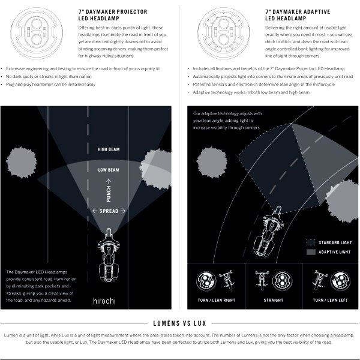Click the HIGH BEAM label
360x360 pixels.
109,149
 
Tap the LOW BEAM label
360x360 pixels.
109,170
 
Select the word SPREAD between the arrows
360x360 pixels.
109,211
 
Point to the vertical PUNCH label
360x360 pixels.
109,194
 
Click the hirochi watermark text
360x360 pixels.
104,301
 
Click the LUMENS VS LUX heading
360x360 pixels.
179,323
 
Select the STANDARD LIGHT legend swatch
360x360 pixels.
311,242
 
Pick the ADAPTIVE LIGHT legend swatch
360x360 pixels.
311,252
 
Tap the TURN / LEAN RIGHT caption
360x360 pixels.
217,300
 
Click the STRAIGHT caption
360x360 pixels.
274,300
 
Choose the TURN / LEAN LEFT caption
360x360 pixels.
330,300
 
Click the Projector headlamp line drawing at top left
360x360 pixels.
37,33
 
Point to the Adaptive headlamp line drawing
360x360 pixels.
224,33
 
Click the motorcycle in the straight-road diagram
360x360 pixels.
109,255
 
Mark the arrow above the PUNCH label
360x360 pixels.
109,181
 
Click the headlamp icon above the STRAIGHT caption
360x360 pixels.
282,281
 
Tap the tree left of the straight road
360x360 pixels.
21,163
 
